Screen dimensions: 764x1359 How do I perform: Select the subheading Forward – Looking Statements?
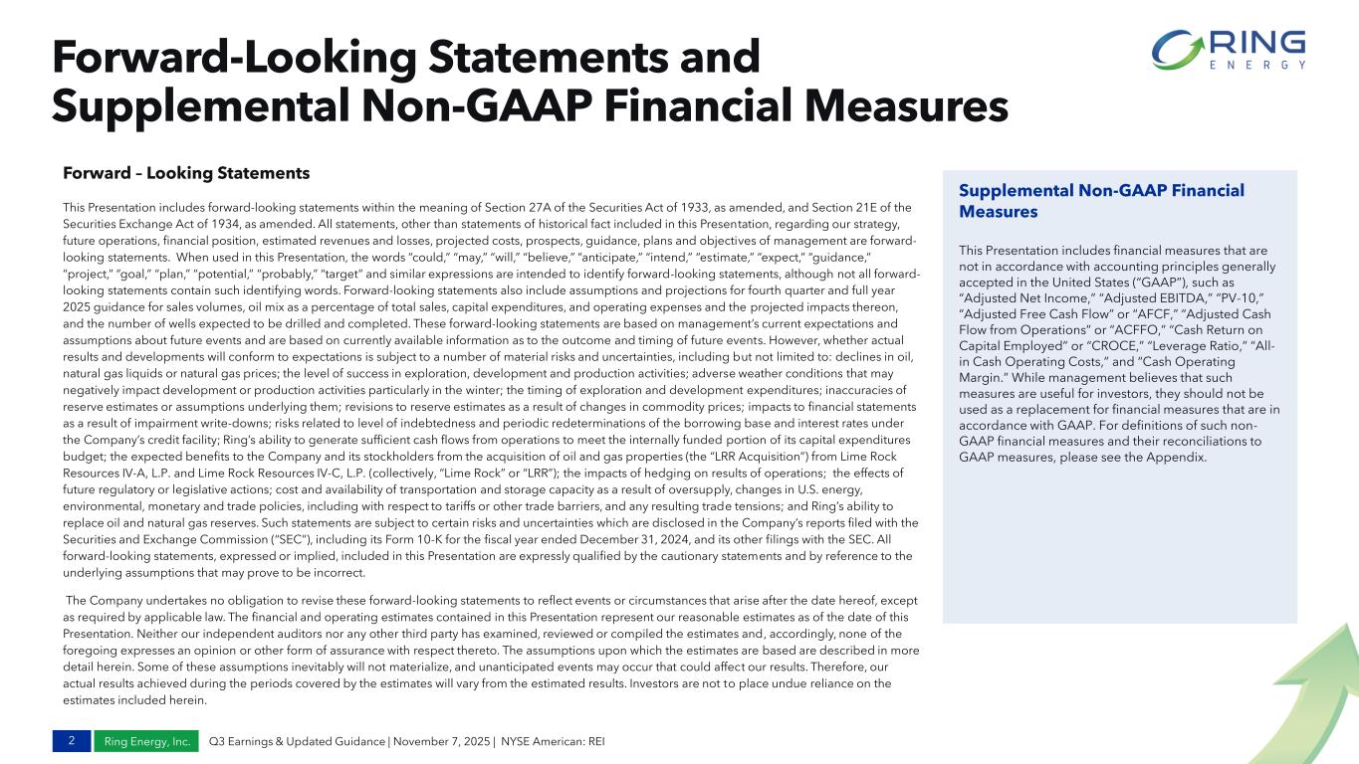point(186,173)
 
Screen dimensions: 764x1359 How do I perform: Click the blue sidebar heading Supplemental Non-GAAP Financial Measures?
point(1101,201)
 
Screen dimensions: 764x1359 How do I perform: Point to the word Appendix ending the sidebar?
point(1176,458)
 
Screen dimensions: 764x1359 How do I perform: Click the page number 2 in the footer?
point(71,741)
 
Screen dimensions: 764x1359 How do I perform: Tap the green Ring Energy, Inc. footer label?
point(145,741)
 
